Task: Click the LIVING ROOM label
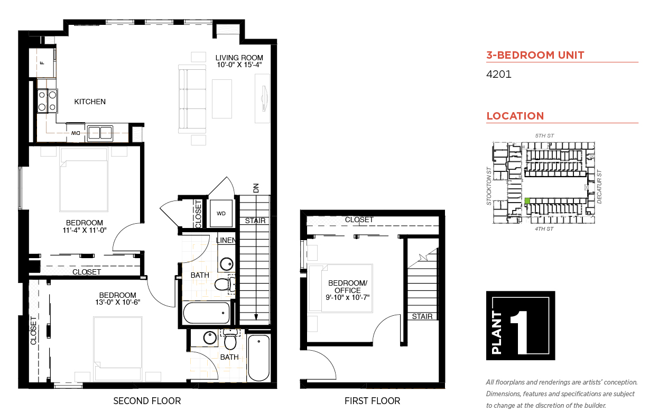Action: tap(239, 58)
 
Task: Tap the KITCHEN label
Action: tap(90, 102)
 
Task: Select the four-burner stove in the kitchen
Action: tap(47, 101)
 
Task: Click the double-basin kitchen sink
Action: tap(100, 133)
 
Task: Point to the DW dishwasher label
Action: tap(76, 133)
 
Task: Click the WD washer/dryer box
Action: tap(221, 213)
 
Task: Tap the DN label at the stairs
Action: tap(256, 188)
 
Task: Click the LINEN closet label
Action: tap(226, 240)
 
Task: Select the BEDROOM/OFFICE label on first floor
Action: tap(348, 286)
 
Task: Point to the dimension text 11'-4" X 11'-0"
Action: tap(85, 230)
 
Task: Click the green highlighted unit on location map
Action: tap(527, 200)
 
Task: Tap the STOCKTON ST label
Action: tap(489, 186)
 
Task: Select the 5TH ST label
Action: tap(544, 135)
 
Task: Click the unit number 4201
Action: tap(498, 74)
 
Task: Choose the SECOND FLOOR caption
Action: tap(147, 401)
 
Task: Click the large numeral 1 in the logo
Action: tap(521, 332)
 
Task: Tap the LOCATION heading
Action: tap(515, 116)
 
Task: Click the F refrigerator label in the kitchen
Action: tap(43, 63)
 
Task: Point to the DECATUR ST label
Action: tap(599, 187)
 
